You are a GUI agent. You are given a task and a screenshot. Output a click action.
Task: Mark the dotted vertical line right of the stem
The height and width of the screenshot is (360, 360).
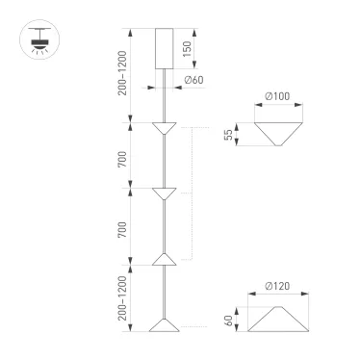[191, 193]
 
